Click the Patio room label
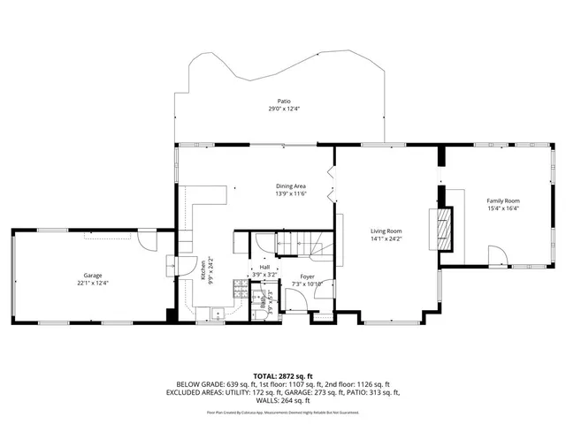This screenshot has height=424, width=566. click(285, 102)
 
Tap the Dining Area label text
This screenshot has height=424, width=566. click(290, 185)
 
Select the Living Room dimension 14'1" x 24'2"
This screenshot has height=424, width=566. click(386, 238)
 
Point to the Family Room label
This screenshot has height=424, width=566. click(503, 201)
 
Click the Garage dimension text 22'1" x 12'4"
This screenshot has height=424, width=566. click(92, 283)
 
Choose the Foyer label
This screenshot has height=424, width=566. click(307, 276)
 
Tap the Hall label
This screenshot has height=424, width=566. click(264, 267)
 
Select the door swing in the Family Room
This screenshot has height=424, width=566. click(499, 256)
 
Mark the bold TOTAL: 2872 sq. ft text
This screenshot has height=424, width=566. click(283, 375)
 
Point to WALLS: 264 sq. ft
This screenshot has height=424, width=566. click(283, 402)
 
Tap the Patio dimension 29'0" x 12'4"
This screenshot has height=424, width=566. click(285, 110)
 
